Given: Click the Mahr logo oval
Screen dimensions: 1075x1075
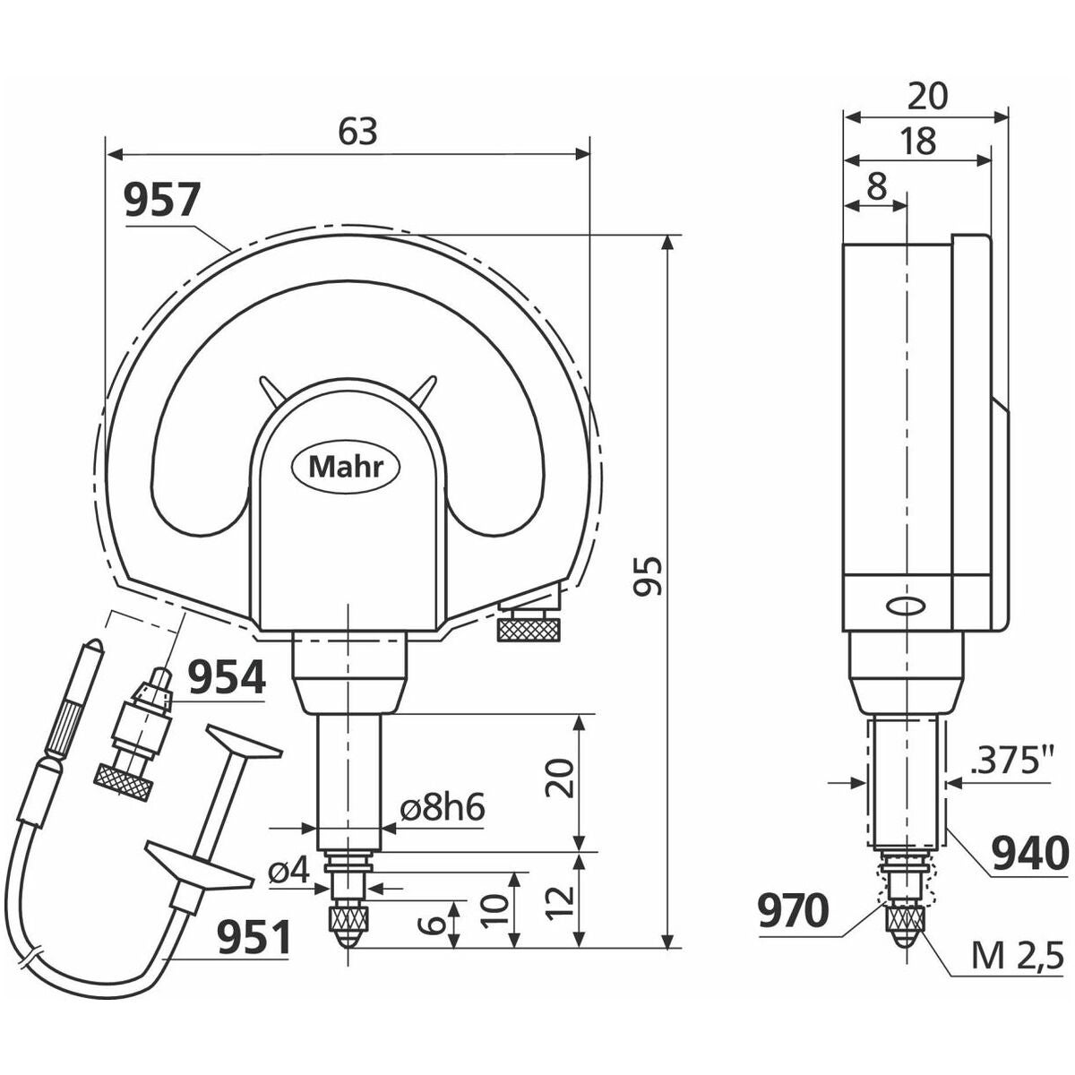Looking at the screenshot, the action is tap(347, 468).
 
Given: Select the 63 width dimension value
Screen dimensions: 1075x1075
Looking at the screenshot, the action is tap(357, 133).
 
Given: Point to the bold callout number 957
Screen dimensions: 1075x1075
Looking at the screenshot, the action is tap(162, 201).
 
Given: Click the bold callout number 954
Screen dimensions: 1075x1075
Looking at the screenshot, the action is tap(227, 676).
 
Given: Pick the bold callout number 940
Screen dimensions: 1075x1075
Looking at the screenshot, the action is tap(1030, 854).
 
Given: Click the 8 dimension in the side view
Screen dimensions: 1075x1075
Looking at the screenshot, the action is tap(877, 188).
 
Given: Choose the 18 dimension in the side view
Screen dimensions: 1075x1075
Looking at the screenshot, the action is tap(917, 142).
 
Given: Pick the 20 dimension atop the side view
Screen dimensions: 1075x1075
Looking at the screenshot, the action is tap(927, 96).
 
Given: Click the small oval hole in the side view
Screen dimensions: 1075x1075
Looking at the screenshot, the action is tap(907, 606).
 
